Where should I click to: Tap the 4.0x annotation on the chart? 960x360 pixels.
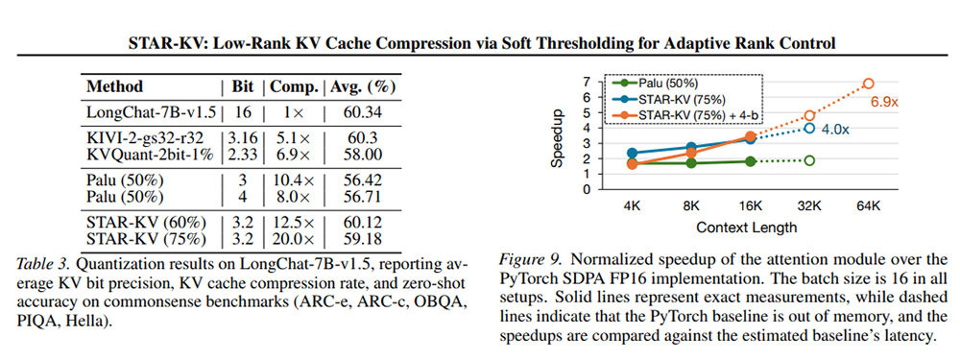click(835, 130)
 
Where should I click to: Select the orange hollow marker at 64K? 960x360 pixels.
click(868, 84)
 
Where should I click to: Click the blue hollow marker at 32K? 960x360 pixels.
click(809, 128)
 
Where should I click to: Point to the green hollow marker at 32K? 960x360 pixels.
click(809, 160)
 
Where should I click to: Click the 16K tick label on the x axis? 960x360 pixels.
click(751, 206)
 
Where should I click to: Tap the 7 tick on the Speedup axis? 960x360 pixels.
click(588, 82)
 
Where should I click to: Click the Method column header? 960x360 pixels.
click(114, 86)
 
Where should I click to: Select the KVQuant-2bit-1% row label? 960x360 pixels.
click(150, 155)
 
